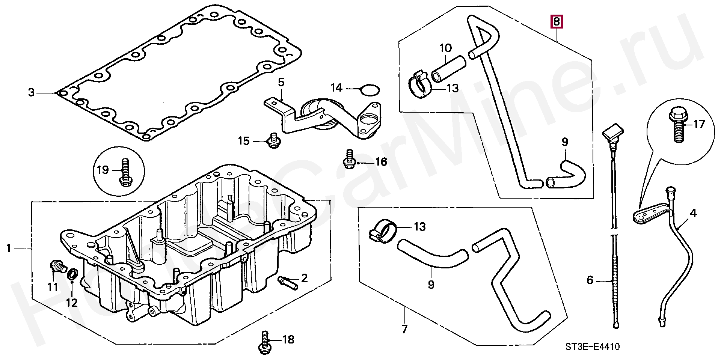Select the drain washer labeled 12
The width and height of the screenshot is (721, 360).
(72, 274)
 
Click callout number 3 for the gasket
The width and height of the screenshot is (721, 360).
(32, 92)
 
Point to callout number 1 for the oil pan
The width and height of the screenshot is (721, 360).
(9, 248)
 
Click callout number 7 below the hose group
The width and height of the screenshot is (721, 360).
(404, 330)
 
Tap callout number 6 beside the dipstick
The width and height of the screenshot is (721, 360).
(590, 280)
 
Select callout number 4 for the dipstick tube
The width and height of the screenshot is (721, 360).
(693, 213)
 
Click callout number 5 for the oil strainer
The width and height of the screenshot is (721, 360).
(281, 82)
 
